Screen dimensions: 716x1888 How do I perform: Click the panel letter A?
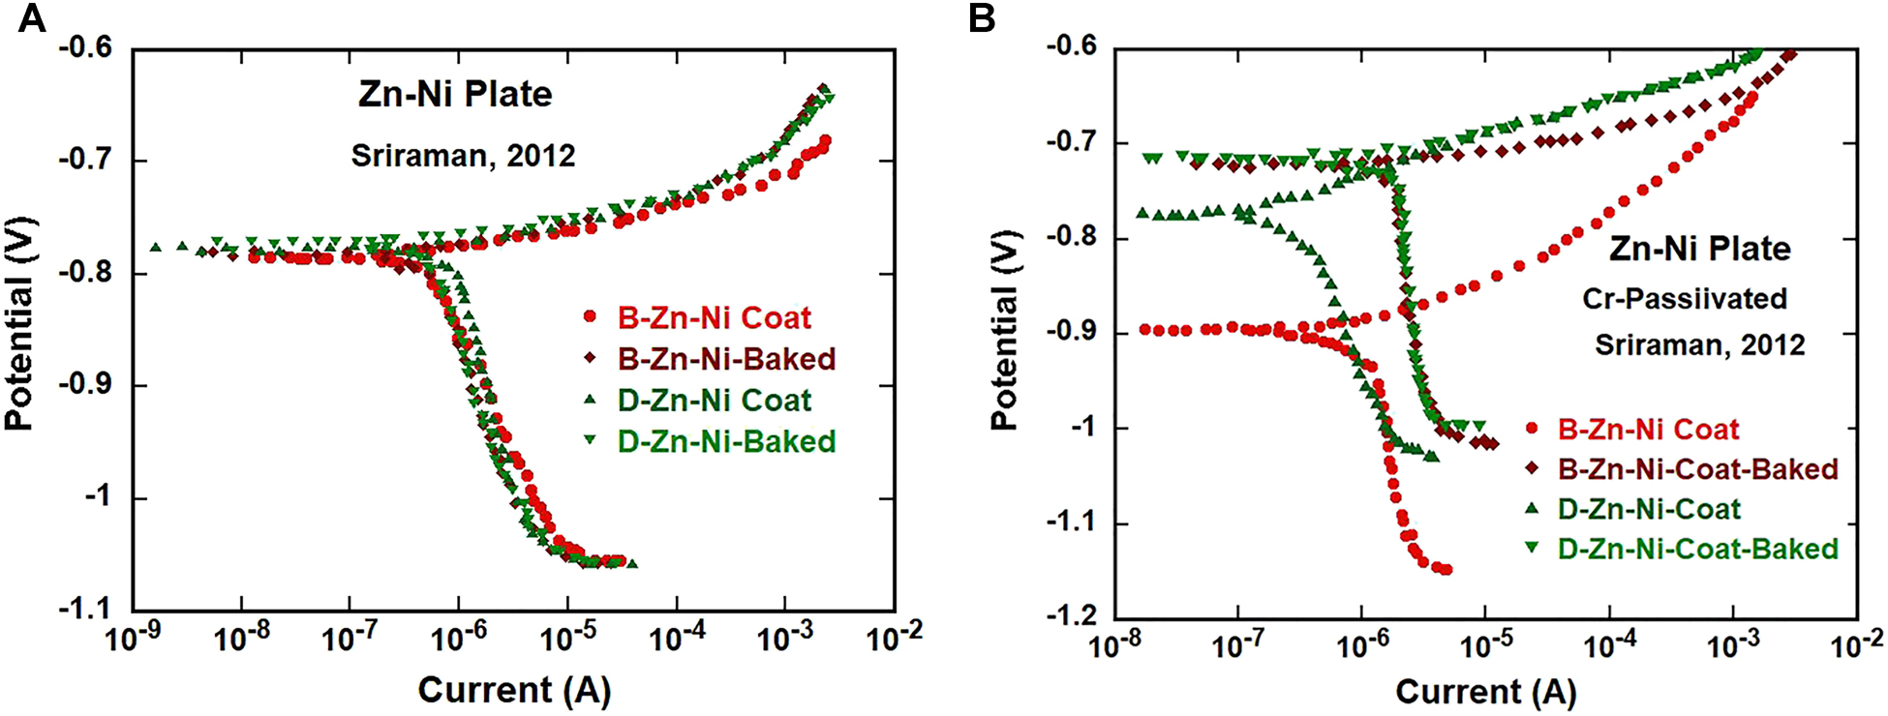click(x=31, y=17)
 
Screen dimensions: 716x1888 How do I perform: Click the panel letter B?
click(x=982, y=17)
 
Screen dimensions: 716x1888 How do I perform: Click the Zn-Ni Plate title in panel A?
click(x=455, y=94)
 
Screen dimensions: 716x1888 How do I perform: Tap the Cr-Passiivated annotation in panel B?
click(x=1685, y=298)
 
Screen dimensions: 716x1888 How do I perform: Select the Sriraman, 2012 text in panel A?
click(x=463, y=156)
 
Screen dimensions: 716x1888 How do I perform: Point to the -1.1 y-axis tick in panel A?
click(x=84, y=610)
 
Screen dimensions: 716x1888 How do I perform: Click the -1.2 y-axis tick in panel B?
click(x=1071, y=617)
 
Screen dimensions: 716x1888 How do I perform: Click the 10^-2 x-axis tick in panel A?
click(x=894, y=639)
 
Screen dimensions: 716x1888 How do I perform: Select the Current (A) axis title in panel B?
click(x=1485, y=692)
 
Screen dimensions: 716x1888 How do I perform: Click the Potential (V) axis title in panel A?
click(x=19, y=324)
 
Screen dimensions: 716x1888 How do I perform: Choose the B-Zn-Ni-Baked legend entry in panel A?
click(x=726, y=359)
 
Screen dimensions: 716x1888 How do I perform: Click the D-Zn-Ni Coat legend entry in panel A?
click(x=714, y=401)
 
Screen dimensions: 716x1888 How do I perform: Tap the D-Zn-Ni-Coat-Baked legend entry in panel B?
click(x=1697, y=549)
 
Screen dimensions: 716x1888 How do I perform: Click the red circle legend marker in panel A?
click(x=590, y=316)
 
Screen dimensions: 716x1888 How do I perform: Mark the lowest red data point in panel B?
click(x=1446, y=570)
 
